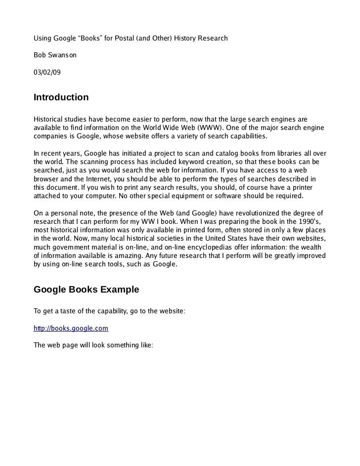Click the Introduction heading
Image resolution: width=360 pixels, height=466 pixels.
coord(61,97)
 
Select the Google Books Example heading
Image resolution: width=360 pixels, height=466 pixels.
coord(86,290)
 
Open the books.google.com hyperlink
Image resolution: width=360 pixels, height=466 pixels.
coord(71,328)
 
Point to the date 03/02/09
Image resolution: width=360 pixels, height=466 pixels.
coord(47,72)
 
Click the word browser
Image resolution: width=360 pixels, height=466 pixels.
coord(46,179)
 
